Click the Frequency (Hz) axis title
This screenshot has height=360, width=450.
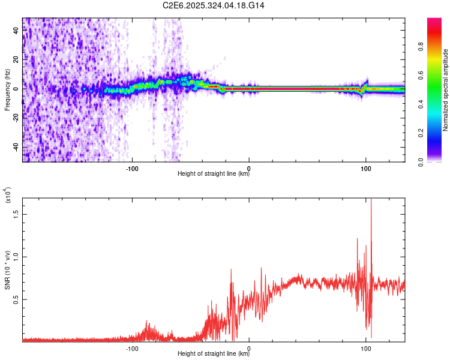(x=7, y=91)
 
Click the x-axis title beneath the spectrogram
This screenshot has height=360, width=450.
(x=214, y=175)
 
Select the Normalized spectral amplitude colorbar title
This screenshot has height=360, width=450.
(x=446, y=90)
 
